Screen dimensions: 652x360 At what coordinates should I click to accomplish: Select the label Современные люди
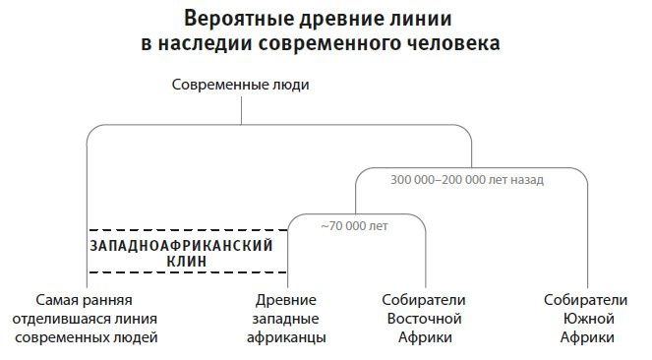(241, 85)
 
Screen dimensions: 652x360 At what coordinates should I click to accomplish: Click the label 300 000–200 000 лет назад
(467, 180)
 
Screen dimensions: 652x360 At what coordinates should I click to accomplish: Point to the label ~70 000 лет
(355, 226)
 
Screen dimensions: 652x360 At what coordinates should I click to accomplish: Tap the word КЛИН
(183, 262)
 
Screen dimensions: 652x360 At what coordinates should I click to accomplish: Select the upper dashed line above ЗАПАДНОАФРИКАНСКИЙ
(187, 229)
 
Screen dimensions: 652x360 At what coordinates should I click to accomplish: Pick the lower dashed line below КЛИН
(187, 272)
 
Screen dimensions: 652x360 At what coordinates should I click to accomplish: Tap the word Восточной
(423, 318)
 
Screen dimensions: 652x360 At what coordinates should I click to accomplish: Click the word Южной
(589, 318)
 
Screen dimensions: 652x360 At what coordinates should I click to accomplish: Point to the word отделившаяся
(60, 318)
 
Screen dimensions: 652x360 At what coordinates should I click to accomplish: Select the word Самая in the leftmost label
(56, 299)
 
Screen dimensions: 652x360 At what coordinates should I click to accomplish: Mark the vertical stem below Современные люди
(241, 111)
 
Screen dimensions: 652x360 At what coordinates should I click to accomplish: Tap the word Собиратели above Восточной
(423, 299)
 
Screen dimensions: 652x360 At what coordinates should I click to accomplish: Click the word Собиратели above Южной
(589, 299)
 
